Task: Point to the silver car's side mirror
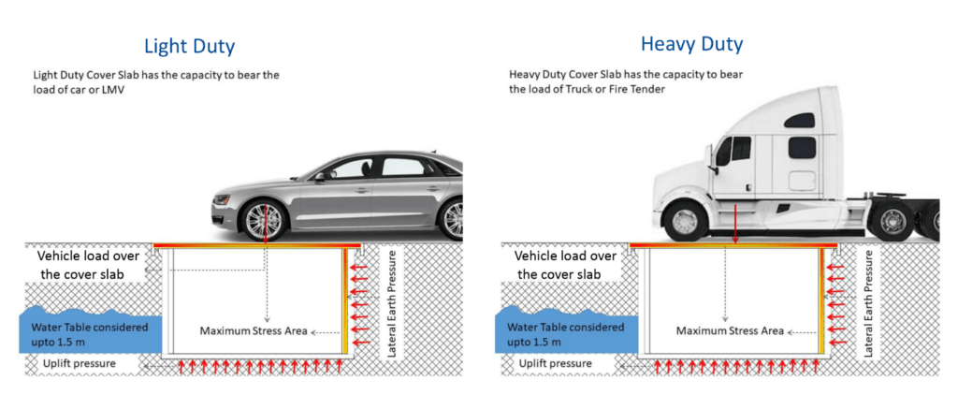point(323,175)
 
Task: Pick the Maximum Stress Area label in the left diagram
point(253,330)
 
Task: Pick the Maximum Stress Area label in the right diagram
point(730,330)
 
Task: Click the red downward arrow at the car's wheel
point(265,226)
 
